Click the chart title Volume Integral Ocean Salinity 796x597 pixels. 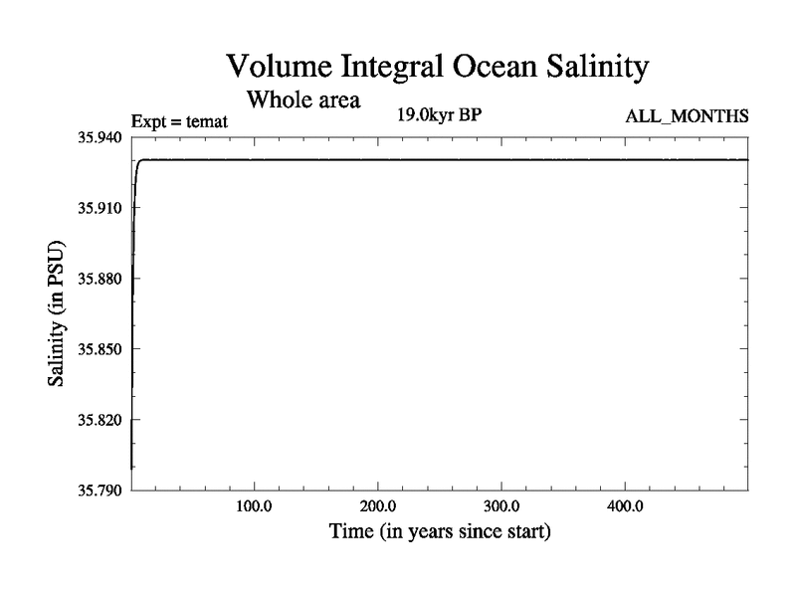click(438, 67)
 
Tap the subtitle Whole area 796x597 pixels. click(303, 99)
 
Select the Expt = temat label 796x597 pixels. click(180, 121)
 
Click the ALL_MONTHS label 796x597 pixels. click(687, 117)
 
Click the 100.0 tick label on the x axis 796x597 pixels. click(255, 506)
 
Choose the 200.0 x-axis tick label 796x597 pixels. click(378, 506)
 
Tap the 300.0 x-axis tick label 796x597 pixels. click(501, 506)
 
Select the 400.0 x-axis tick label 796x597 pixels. click(625, 506)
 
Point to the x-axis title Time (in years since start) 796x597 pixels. click(440, 531)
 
